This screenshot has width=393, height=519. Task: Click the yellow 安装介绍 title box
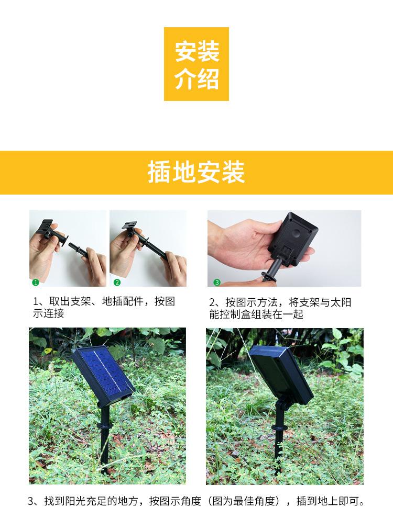(x=196, y=64)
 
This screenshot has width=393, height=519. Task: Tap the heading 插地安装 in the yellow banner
(x=196, y=173)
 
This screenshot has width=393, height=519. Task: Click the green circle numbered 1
(x=36, y=282)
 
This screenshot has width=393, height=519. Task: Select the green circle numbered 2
(x=117, y=282)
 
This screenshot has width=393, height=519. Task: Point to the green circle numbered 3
(x=217, y=283)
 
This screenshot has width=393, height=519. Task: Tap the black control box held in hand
(x=292, y=241)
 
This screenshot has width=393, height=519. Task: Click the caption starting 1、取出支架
(x=104, y=308)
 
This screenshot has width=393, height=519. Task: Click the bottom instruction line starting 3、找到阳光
(x=196, y=501)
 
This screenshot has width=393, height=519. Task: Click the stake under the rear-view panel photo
(x=278, y=434)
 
